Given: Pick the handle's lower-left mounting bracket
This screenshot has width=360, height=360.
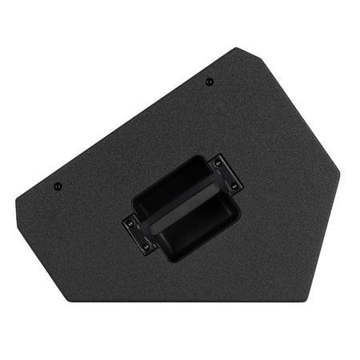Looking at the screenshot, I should [x=136, y=234].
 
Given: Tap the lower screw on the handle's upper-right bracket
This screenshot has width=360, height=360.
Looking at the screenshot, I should [x=233, y=186].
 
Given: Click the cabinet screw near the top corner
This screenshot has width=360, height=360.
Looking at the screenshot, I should [x=208, y=80].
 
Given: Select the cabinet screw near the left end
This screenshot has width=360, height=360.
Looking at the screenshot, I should [x=58, y=188].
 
